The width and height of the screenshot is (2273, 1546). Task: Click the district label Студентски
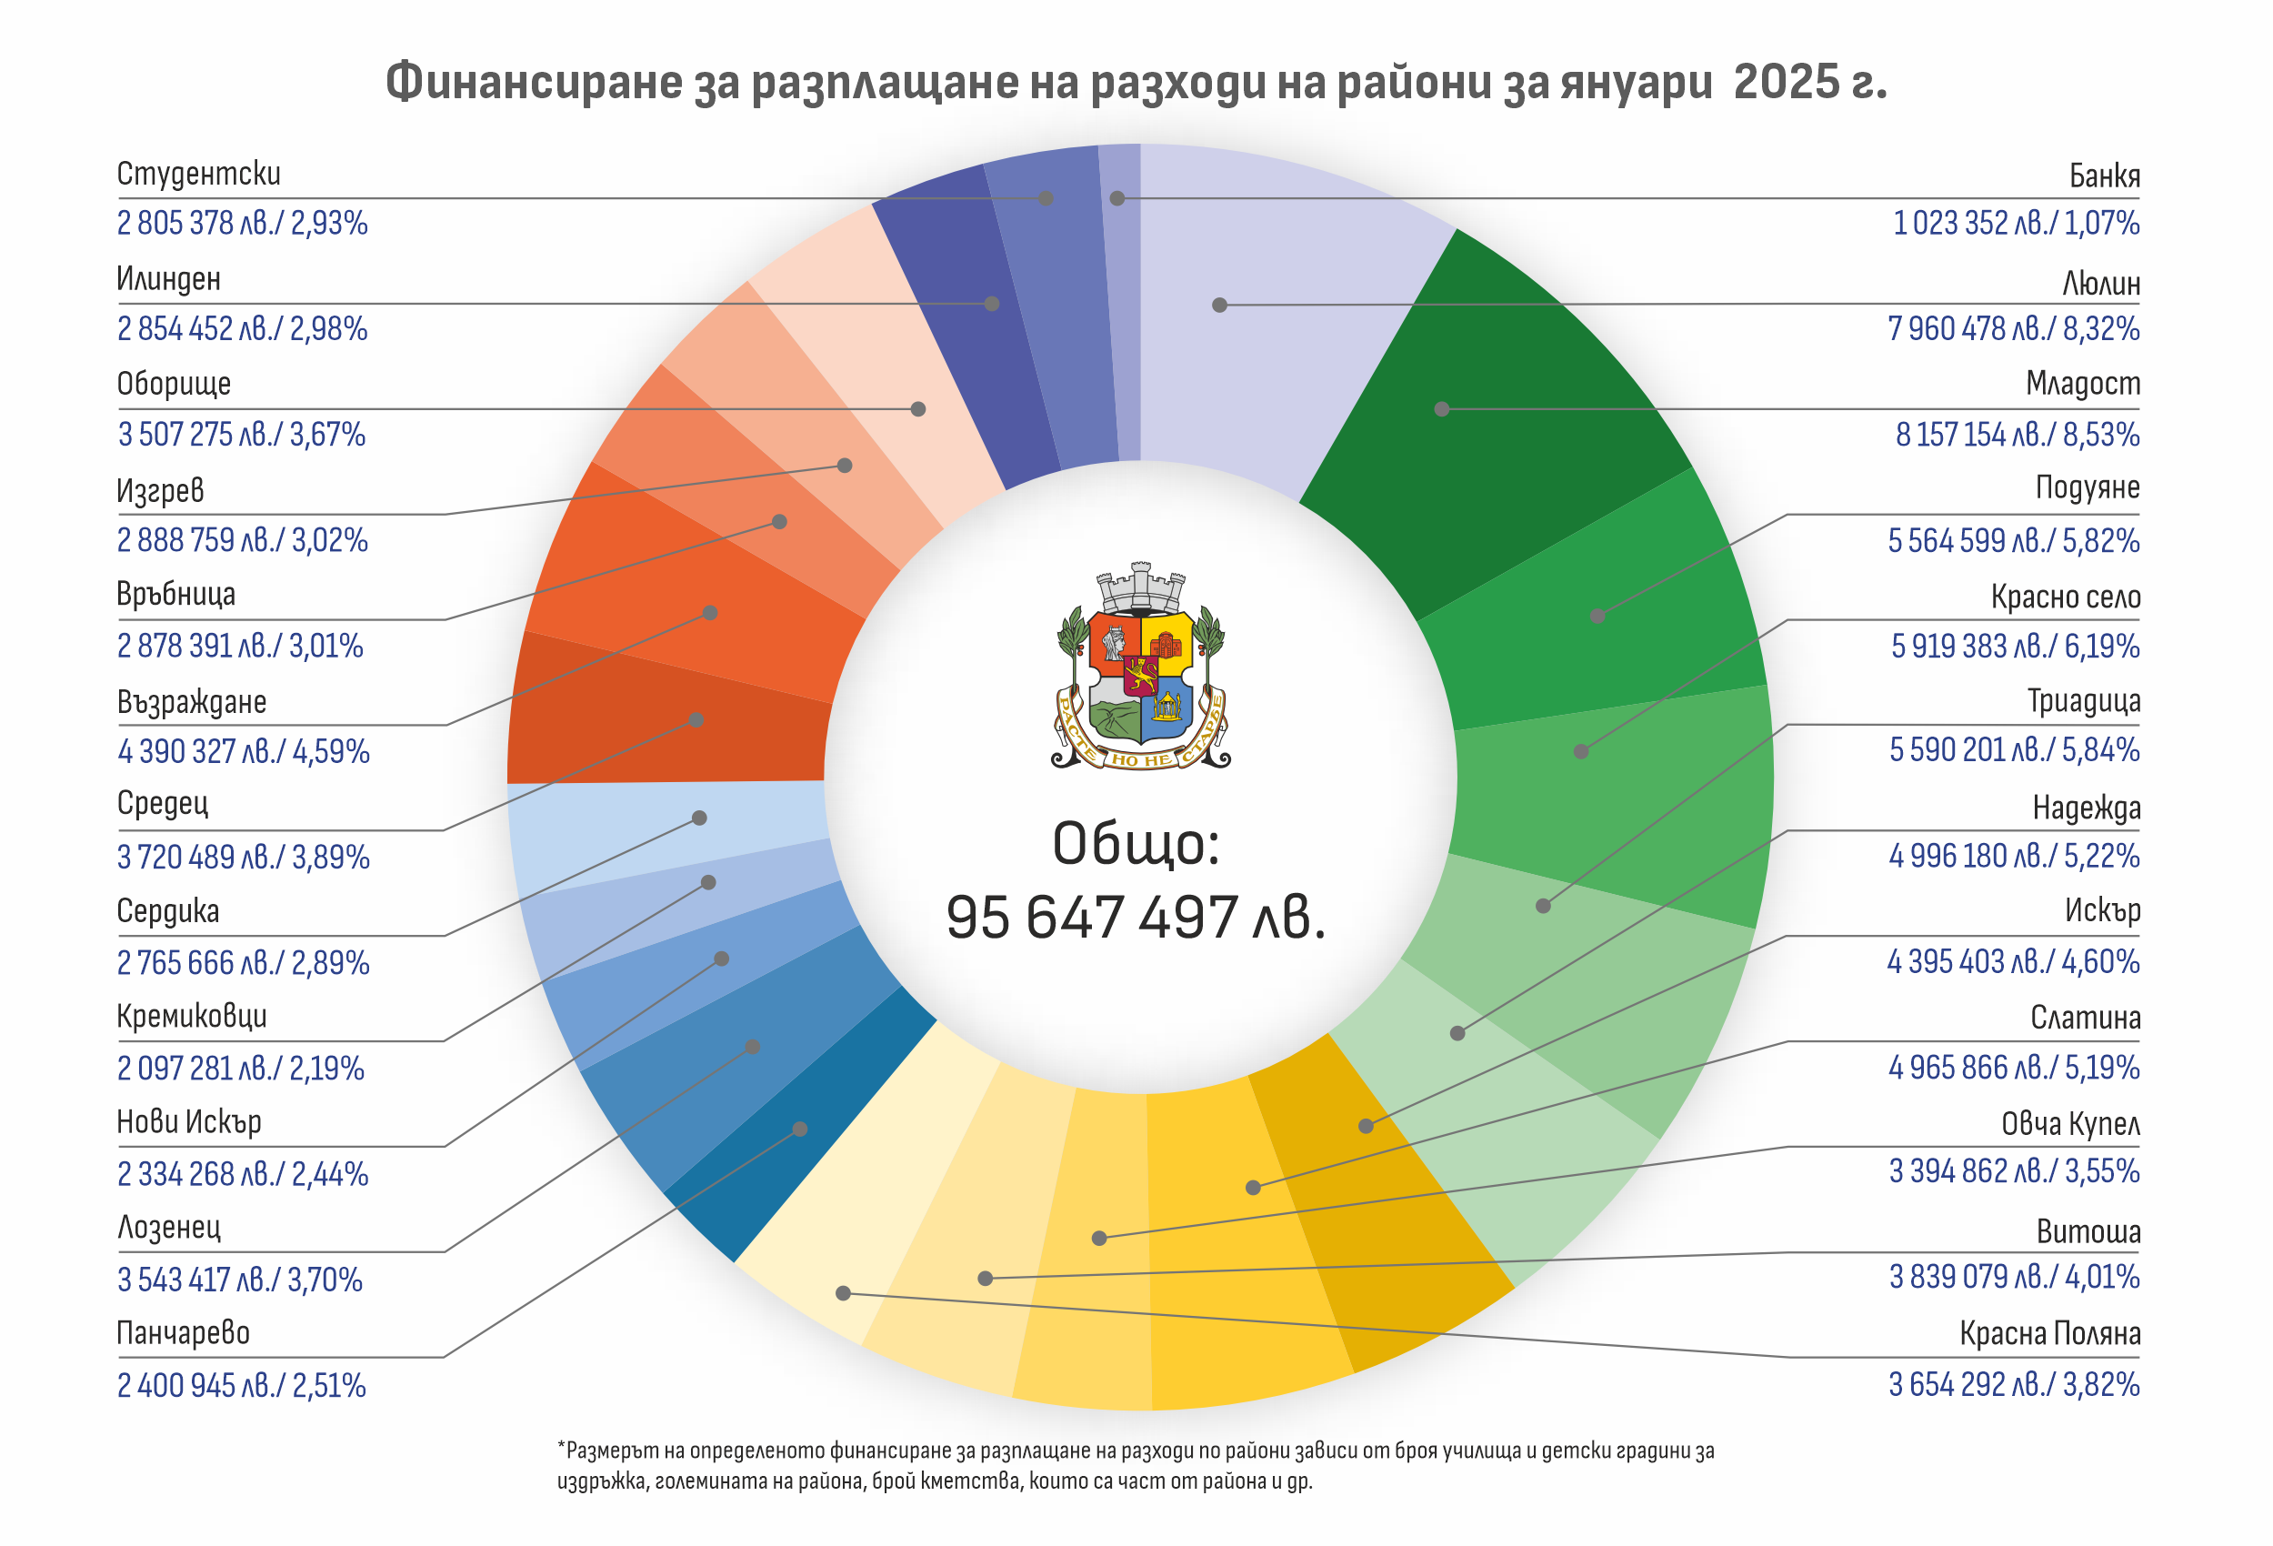[x=198, y=175]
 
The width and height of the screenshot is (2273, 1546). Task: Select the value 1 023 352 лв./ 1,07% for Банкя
[x=2016, y=223]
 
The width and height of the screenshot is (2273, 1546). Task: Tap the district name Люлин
[x=2101, y=284]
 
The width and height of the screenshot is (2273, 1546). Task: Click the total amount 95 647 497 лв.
[x=1136, y=918]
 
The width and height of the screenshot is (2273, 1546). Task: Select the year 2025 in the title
[x=1786, y=82]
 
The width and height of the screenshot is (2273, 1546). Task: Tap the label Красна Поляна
[x=2049, y=1334]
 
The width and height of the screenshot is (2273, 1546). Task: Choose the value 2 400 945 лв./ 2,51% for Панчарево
[x=242, y=1386]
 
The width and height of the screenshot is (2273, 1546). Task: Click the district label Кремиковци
[x=192, y=1017]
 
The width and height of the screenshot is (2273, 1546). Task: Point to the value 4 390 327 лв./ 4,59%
[x=244, y=751]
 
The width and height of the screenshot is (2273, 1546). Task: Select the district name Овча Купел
[x=2069, y=1123]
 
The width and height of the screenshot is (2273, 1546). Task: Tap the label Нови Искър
[x=189, y=1121]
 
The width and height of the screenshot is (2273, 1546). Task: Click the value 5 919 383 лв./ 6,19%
[x=2015, y=646]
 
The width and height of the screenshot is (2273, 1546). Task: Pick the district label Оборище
[x=174, y=384]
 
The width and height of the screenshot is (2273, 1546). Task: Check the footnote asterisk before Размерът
[x=561, y=1446]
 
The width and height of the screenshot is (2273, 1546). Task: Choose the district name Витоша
[x=2088, y=1231]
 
